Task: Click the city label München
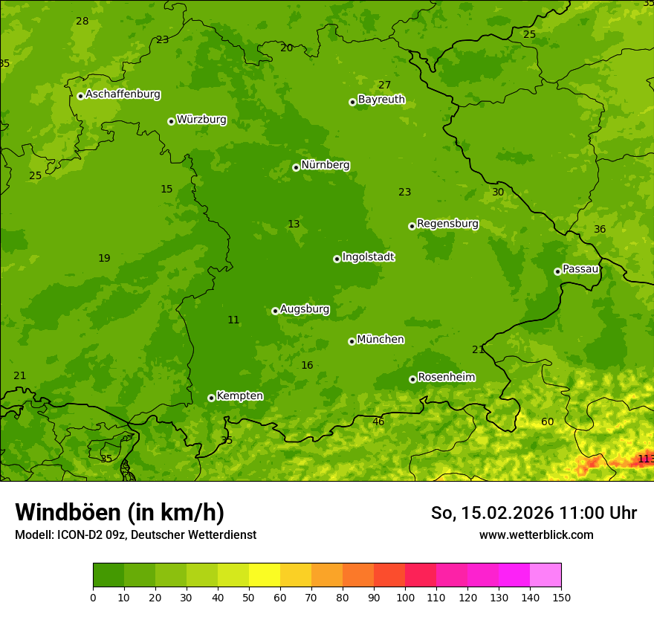(x=381, y=340)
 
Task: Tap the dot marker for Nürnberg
(x=296, y=167)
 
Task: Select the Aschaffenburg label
(x=123, y=94)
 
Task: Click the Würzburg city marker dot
(x=171, y=121)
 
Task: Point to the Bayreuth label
(x=381, y=100)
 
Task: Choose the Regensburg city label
(x=447, y=224)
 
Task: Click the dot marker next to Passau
(x=557, y=271)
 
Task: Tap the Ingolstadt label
(x=368, y=257)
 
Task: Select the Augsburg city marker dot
(x=275, y=311)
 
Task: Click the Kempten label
(x=239, y=396)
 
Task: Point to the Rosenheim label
(x=446, y=378)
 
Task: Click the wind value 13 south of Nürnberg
(x=294, y=224)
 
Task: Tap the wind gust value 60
(x=547, y=422)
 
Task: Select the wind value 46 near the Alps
(x=378, y=422)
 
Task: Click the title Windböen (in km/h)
(x=120, y=512)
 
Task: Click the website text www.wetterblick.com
(x=536, y=535)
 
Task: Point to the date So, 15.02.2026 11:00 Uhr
(x=534, y=513)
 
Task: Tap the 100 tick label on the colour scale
(x=405, y=598)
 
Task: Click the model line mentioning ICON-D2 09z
(x=135, y=535)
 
